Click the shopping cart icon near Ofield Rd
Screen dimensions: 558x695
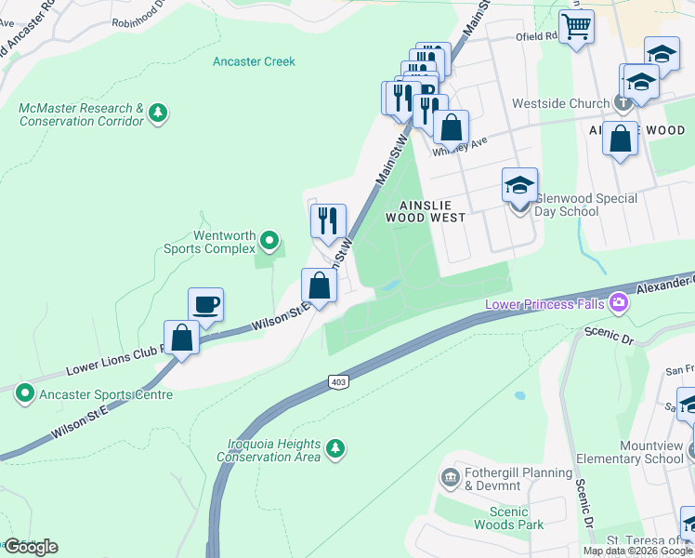click(577, 26)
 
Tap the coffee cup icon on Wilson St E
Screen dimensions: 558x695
click(205, 304)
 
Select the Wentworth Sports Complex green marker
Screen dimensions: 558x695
click(269, 242)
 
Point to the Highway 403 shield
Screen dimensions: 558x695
click(336, 381)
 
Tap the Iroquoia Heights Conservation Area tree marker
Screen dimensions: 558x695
click(335, 450)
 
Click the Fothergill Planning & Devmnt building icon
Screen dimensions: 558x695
click(451, 478)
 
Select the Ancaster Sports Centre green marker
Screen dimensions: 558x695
click(24, 394)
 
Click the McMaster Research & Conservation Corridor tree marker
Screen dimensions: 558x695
click(159, 114)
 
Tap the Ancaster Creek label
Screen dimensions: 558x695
click(254, 61)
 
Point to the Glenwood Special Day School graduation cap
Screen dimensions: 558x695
click(519, 185)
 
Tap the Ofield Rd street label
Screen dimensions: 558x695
click(536, 38)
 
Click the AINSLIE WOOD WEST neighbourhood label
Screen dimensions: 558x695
click(431, 211)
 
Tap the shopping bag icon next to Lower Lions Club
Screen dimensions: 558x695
click(181, 338)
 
